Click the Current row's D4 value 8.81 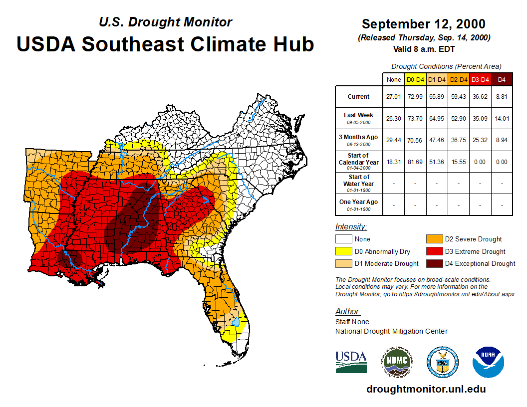click(502, 97)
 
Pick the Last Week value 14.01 click(502, 118)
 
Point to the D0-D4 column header click(415, 79)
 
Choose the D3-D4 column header click(480, 79)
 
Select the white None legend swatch click(343, 239)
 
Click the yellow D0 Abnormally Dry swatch click(343, 251)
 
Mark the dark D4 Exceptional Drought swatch click(434, 263)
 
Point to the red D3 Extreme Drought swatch click(434, 251)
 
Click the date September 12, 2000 click(423, 24)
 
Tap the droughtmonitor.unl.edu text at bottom click(426, 389)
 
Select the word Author click(347, 312)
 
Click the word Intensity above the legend click(351, 227)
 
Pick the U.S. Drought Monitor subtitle click(165, 22)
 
